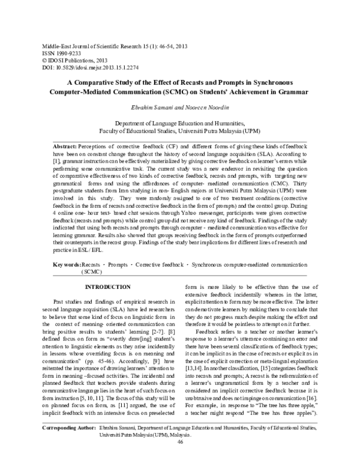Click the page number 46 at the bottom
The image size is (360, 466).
[x=180, y=459]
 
